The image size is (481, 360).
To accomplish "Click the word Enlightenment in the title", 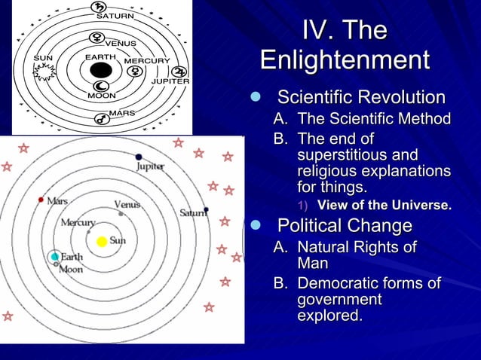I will coord(344,60).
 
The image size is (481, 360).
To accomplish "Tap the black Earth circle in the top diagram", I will coord(101,71).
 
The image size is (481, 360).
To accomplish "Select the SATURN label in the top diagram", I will coord(115,17).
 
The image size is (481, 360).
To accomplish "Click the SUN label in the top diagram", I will coord(42,57).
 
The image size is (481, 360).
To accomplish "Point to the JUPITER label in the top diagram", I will coord(170,81).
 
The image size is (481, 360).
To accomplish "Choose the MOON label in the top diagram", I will coord(101,96).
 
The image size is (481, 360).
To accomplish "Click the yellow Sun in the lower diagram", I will coord(102,242).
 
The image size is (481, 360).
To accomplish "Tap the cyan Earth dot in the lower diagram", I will coord(54,257).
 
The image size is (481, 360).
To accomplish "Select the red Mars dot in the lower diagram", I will coord(41,200).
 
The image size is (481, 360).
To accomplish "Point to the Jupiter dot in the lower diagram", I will coord(139,157).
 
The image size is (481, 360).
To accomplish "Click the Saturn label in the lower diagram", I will coord(191,213).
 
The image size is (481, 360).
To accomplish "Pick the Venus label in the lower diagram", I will coord(127,204).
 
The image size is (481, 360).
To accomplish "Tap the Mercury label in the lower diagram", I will coord(78,222).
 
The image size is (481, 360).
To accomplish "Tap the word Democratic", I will coord(340,284).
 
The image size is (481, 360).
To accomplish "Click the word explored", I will coord(329,316).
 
